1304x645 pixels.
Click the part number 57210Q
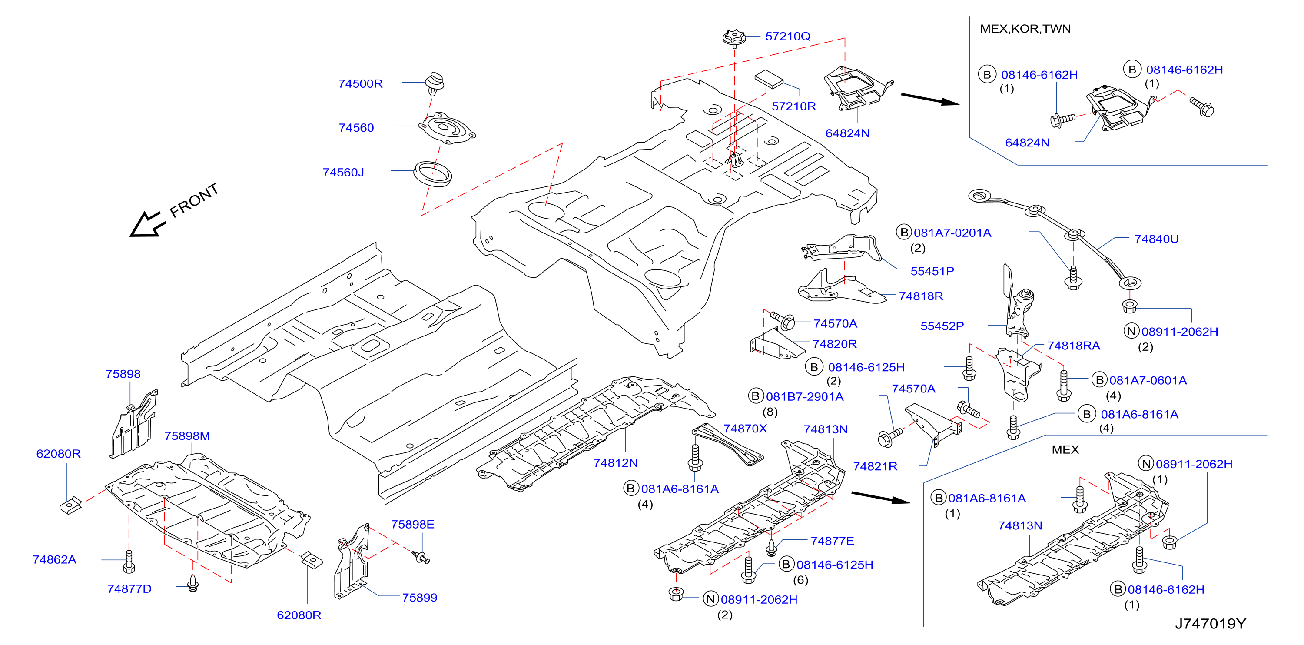click(x=787, y=37)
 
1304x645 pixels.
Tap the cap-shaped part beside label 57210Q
click(x=734, y=37)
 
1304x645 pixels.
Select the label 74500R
click(x=360, y=83)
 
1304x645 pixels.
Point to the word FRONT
click(x=194, y=200)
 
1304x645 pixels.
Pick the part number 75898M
click(x=187, y=436)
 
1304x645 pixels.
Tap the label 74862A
click(x=54, y=559)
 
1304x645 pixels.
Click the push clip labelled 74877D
click(x=193, y=583)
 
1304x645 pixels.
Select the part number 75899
click(x=420, y=598)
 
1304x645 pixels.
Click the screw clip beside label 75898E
click(x=421, y=557)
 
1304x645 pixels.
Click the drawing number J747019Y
click(x=1210, y=624)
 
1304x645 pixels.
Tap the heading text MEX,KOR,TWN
click(x=1025, y=29)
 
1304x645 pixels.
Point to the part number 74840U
click(x=1156, y=239)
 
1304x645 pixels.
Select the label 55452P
click(x=942, y=326)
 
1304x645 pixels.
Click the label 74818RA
click(x=1073, y=346)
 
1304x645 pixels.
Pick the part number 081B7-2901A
click(x=804, y=396)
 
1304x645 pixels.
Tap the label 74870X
click(x=745, y=428)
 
